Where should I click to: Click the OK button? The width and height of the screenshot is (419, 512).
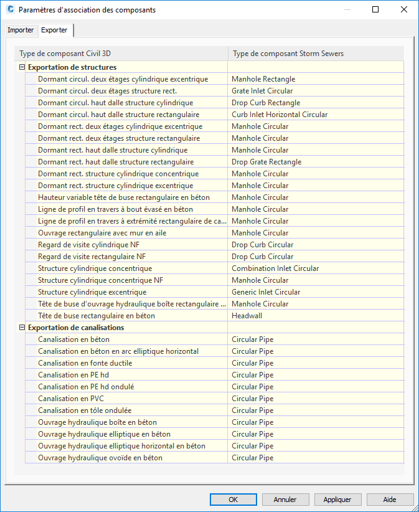coord(233,500)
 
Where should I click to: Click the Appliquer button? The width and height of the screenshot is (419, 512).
coord(337,500)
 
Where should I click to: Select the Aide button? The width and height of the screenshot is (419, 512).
coord(390,500)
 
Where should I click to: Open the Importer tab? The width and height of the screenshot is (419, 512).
coord(21,30)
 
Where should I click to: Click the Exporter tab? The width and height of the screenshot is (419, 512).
coord(55,30)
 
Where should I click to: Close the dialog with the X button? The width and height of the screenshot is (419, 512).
coord(404,10)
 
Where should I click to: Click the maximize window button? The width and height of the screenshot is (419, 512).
coord(375,10)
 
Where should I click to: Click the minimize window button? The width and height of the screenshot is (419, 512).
coord(347,10)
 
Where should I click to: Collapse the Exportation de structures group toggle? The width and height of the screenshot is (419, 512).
coord(22,67)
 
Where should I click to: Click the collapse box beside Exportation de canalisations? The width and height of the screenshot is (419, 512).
coord(22,328)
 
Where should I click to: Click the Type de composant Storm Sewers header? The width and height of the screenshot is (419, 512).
coord(288,54)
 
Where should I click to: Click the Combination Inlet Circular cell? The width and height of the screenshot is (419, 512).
coord(275,268)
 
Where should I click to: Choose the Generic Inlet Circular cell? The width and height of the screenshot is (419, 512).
coord(266,292)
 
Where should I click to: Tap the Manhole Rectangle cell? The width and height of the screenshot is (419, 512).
coord(263,79)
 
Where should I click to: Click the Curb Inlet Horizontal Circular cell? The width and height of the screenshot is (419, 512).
coord(280,115)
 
